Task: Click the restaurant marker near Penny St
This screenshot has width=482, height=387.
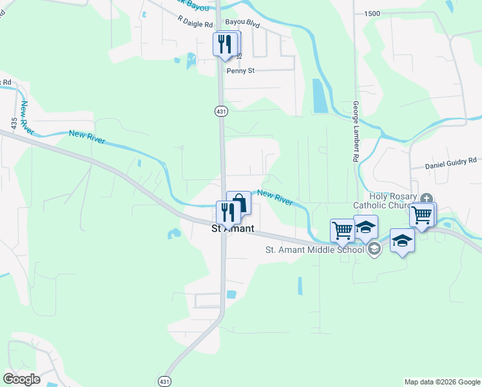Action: pyautogui.click(x=224, y=45)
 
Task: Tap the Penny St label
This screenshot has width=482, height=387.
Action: pyautogui.click(x=241, y=71)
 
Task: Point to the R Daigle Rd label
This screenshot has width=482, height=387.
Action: pyautogui.click(x=196, y=25)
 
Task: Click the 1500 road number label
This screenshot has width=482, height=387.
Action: pyautogui.click(x=372, y=14)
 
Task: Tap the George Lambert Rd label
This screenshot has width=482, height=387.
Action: pyautogui.click(x=355, y=132)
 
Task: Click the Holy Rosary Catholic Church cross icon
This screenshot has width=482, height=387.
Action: pyautogui.click(x=426, y=199)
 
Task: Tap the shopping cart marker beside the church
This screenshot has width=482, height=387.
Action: pyautogui.click(x=422, y=214)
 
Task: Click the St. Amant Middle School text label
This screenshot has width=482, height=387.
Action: pyautogui.click(x=316, y=251)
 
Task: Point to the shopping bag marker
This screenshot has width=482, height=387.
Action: pyautogui.click(x=239, y=203)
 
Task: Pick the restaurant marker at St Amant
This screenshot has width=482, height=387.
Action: pyautogui.click(x=227, y=212)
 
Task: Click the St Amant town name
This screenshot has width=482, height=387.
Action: pyautogui.click(x=233, y=229)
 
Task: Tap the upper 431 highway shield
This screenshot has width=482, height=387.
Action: pyautogui.click(x=221, y=111)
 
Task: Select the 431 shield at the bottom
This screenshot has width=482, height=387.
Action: pyautogui.click(x=166, y=381)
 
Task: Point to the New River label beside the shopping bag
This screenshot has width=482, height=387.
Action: pyautogui.click(x=275, y=196)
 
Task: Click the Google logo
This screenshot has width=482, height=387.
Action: pyautogui.click(x=21, y=379)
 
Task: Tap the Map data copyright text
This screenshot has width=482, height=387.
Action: pyautogui.click(x=441, y=382)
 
